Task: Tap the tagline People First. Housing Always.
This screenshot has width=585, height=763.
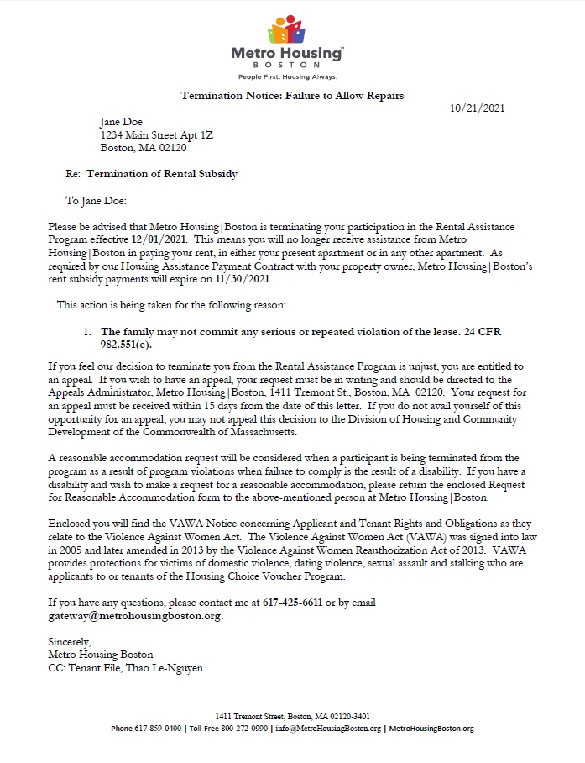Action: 287,77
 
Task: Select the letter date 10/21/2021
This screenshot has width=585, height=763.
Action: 477,108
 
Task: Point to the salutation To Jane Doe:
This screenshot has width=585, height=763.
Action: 96,202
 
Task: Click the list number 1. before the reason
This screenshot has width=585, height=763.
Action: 87,333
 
